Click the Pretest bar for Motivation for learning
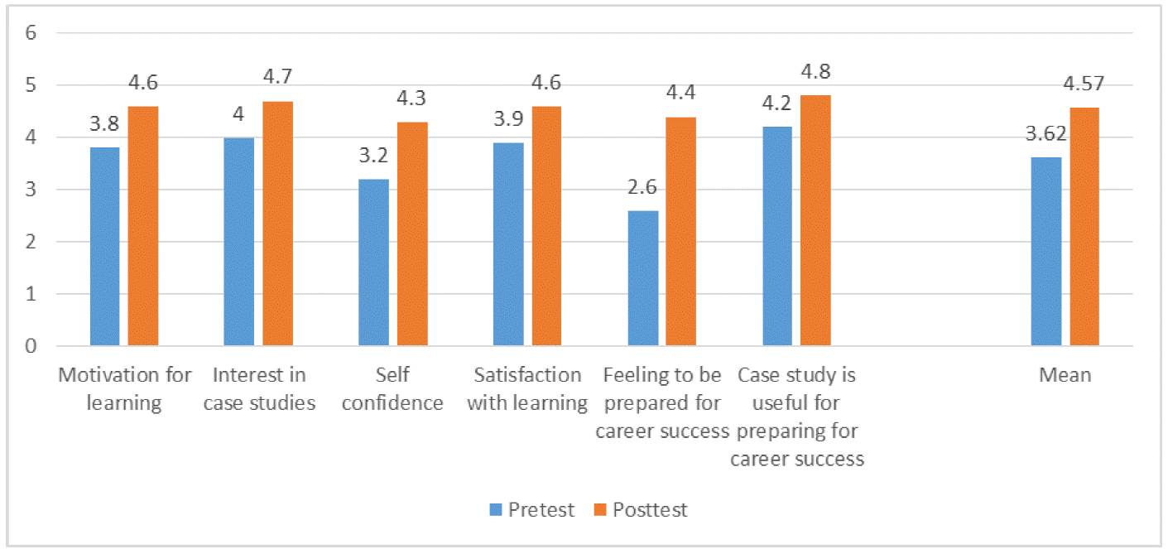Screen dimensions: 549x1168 [105, 246]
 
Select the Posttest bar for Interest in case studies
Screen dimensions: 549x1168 [277, 223]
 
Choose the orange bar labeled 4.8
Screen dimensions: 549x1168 [815, 220]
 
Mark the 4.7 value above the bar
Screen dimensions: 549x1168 [277, 77]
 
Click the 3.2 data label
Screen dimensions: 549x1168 [373, 155]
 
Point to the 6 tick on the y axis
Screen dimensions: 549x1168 [32, 33]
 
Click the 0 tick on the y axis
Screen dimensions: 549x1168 [32, 346]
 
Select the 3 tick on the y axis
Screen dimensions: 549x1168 [32, 190]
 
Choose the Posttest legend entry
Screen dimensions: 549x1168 [641, 509]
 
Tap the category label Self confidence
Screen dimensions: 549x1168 [392, 389]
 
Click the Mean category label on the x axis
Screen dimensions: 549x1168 [1065, 375]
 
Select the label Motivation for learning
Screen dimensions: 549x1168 [124, 389]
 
